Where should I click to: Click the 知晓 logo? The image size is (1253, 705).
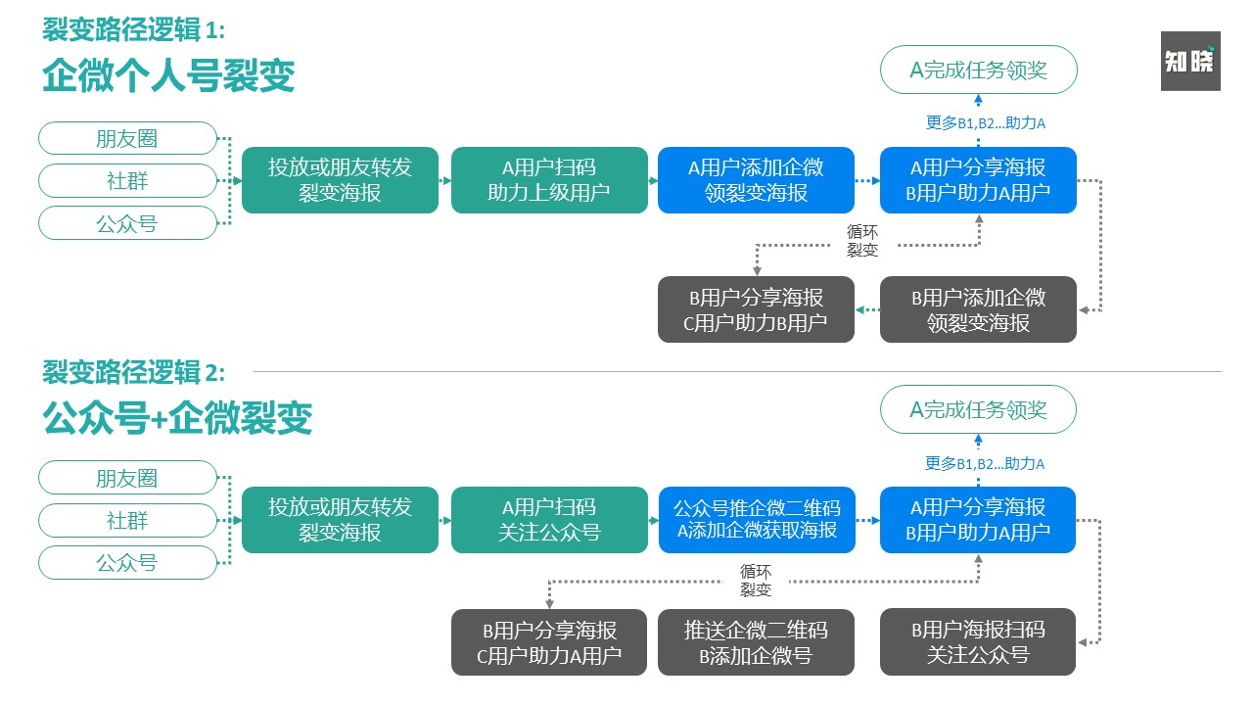[1190, 61]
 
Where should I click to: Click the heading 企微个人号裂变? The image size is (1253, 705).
[168, 75]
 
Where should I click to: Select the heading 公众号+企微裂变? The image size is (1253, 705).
[177, 417]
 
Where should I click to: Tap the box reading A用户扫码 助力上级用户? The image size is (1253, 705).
[549, 180]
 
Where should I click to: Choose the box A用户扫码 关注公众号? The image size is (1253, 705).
[549, 520]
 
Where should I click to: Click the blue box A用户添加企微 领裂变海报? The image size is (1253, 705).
[756, 180]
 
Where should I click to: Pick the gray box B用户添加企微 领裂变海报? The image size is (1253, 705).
[978, 309]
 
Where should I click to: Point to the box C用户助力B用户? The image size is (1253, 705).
[756, 309]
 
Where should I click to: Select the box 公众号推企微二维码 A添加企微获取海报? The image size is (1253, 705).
[756, 520]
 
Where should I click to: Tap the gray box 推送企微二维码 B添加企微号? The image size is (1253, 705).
[756, 642]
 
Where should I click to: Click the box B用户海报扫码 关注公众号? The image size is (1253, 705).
[978, 642]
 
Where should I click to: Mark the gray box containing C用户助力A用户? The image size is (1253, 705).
[549, 642]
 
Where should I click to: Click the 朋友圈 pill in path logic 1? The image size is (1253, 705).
[127, 138]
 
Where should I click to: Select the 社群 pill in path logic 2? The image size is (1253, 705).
[127, 520]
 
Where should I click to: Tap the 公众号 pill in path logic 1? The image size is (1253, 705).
[127, 223]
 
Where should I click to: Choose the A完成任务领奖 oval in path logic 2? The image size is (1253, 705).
[978, 409]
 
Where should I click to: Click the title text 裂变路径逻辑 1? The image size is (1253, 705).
[134, 30]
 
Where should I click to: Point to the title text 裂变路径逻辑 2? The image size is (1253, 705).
[134, 372]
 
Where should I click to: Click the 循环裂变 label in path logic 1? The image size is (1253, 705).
[862, 241]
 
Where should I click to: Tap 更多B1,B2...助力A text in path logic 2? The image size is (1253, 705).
[985, 464]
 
